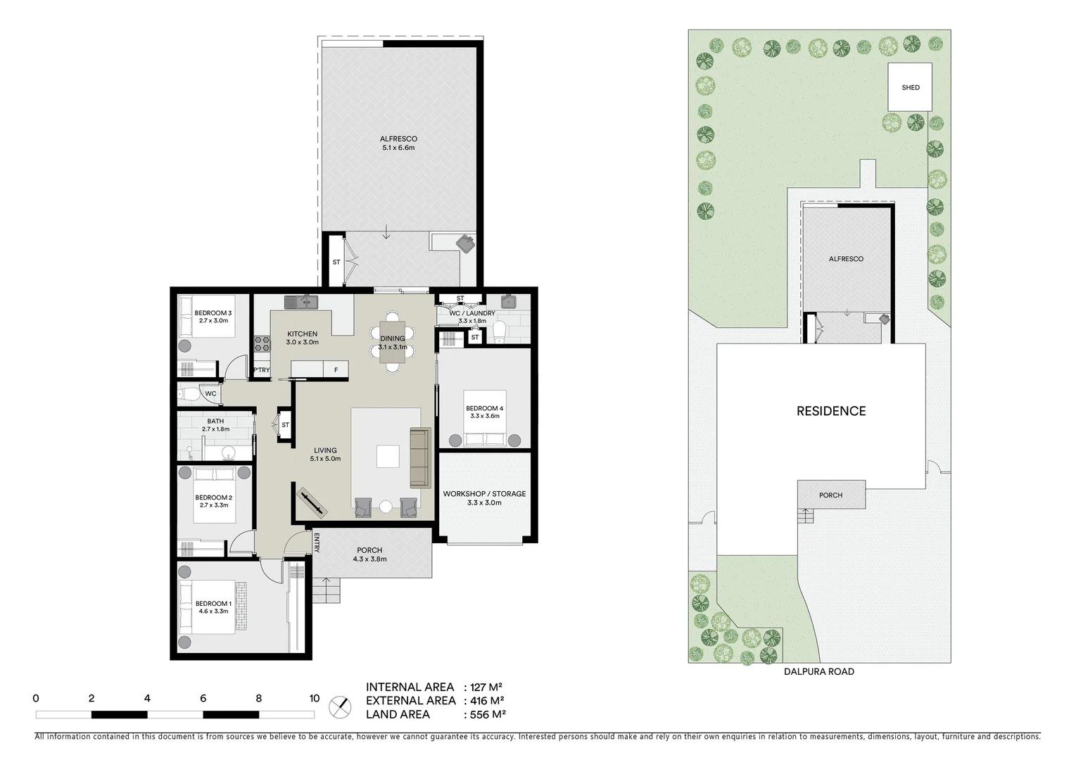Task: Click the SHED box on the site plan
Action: pos(910,87)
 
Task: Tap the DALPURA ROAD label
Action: pos(819,671)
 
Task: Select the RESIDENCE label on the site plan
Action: pos(831,411)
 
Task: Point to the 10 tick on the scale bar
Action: pos(314,699)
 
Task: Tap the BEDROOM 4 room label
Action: pos(484,412)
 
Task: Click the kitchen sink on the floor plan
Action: pos(302,302)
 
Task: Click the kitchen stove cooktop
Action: pos(262,343)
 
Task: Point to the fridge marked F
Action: pos(336,369)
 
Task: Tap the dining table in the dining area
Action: pos(393,342)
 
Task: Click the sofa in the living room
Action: pos(420,457)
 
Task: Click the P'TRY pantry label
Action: pos(261,370)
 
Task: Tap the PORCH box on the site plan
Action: pos(830,495)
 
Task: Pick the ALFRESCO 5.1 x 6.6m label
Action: pos(399,144)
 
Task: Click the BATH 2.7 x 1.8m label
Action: pos(215,425)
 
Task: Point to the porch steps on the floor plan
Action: pos(326,590)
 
